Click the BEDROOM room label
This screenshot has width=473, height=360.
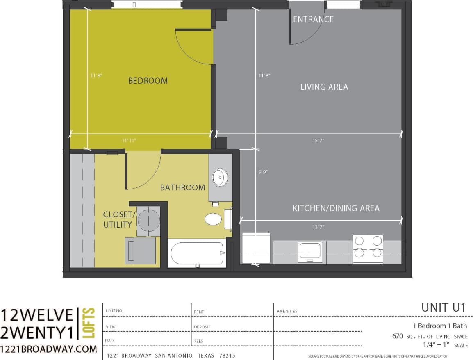coord(148,81)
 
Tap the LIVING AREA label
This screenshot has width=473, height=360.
coord(324,87)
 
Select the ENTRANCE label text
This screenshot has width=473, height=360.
coord(313,19)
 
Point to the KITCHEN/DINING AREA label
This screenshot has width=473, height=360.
coord(336,208)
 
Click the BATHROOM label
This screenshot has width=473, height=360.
coord(182,188)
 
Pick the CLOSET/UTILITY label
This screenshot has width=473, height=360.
coord(118,219)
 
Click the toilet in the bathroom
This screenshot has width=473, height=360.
coord(213,219)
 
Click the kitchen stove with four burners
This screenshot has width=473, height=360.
coord(368,249)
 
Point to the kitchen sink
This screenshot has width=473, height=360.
coord(310,251)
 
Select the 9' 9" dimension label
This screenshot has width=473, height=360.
coord(263,172)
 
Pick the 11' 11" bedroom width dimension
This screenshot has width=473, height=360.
coord(129,140)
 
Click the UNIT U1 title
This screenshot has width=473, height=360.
coord(443,308)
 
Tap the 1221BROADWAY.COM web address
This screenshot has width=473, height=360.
coord(49,349)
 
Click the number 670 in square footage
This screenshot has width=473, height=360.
coord(397,337)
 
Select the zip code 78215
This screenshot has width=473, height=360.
coord(226,355)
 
